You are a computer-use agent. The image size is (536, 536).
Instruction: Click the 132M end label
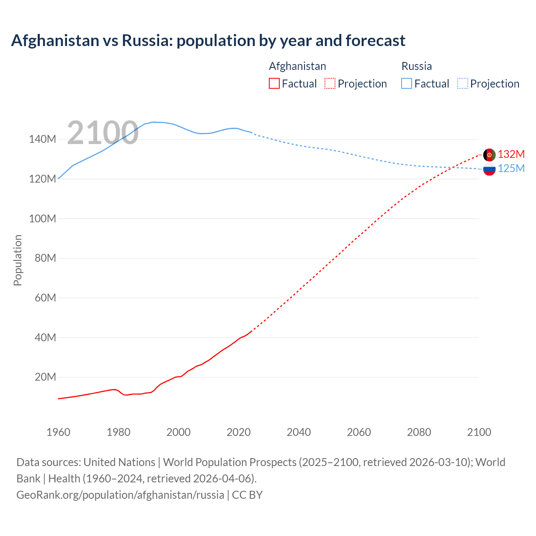click(511, 154)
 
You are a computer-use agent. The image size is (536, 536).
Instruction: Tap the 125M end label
click(511, 168)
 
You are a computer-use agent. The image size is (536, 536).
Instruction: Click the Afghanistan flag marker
click(489, 155)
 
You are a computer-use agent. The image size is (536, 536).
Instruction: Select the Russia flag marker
click(489, 169)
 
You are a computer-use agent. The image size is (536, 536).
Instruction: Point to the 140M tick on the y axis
click(42, 139)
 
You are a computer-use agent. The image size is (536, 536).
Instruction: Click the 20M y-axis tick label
click(45, 377)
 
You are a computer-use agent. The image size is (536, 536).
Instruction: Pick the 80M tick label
click(45, 258)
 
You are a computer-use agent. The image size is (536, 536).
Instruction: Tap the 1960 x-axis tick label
click(58, 432)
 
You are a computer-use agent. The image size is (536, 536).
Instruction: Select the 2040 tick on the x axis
click(299, 432)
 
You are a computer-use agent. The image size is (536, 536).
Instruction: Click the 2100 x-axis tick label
click(479, 432)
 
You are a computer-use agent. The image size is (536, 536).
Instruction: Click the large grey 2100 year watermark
click(103, 133)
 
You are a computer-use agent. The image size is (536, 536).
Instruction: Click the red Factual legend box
click(274, 83)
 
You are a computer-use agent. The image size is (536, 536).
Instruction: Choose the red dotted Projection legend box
click(330, 83)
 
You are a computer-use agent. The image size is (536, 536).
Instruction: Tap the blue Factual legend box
click(407, 83)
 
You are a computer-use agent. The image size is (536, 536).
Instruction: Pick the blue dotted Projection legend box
click(463, 83)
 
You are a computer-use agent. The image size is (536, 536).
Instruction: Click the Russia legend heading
click(416, 66)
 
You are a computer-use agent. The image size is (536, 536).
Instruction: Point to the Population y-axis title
click(18, 260)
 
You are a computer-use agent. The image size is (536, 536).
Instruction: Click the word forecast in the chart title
click(375, 41)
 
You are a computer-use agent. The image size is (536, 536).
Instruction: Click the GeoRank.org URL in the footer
click(120, 495)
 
